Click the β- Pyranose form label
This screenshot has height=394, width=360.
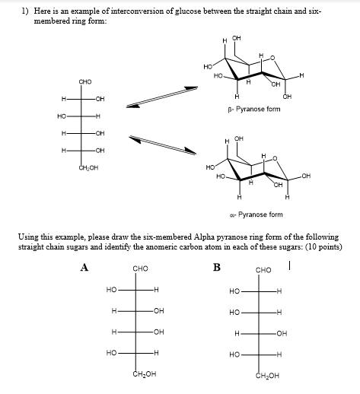click(x=255, y=110)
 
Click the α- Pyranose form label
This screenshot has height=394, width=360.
click(x=256, y=214)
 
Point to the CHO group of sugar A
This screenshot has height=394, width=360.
click(x=140, y=268)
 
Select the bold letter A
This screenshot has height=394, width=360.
click(x=84, y=267)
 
